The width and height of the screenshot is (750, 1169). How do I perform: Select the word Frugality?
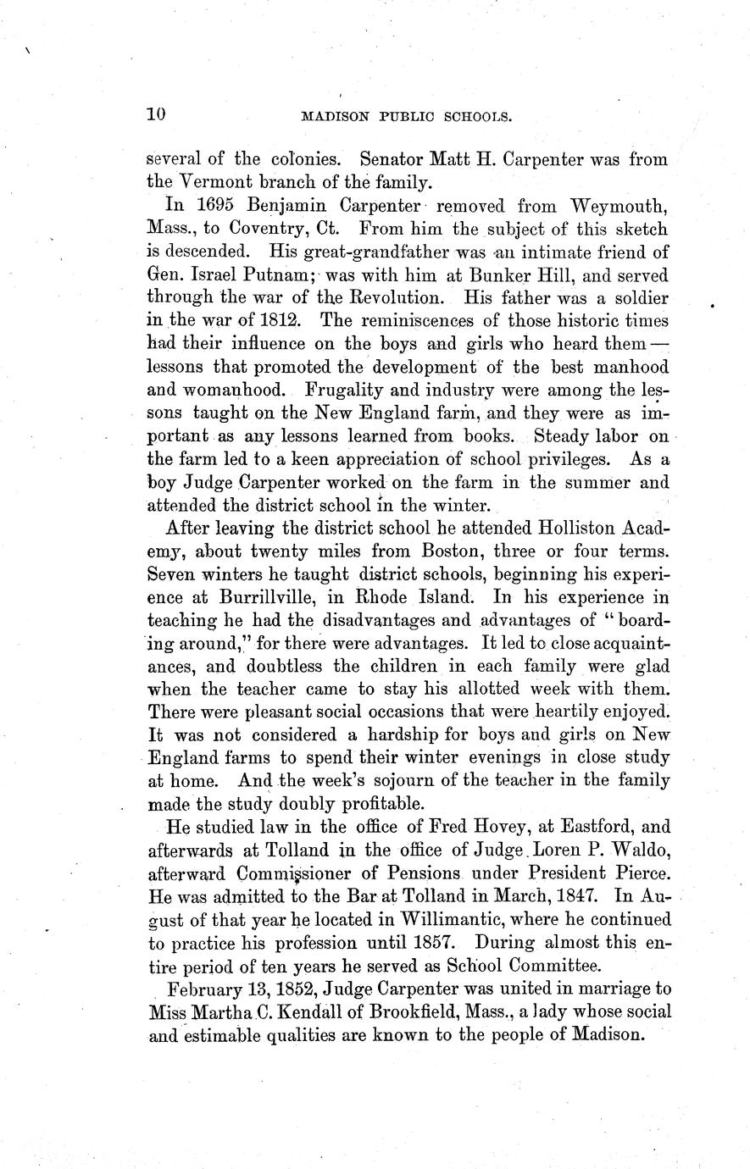click(x=345, y=390)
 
